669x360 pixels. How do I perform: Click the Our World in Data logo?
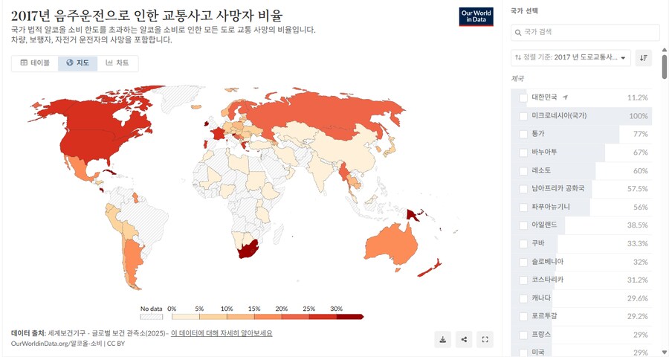tap(476, 17)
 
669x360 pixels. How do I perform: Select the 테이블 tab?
tap(35, 63)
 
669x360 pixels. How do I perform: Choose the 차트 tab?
tap(117, 63)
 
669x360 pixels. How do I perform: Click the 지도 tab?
tap(77, 63)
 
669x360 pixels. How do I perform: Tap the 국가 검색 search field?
tap(586, 32)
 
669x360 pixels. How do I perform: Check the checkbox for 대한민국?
tap(523, 97)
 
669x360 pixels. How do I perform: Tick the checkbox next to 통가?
tap(523, 134)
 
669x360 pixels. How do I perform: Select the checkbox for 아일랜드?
tap(523, 225)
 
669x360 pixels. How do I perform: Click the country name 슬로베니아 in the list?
tap(548, 262)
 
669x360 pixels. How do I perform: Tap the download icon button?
tap(443, 339)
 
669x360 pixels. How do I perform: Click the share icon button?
tap(464, 339)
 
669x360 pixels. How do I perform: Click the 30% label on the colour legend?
tap(336, 308)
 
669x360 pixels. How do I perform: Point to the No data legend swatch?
tap(151, 316)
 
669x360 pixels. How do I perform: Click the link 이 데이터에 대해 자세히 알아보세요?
tap(222, 333)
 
